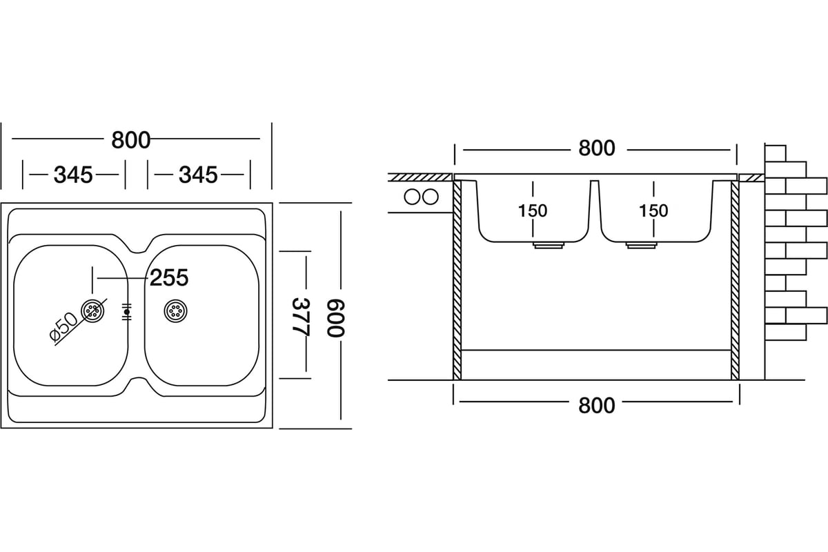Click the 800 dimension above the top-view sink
(x=130, y=140)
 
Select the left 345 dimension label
(x=73, y=175)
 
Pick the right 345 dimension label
(x=198, y=175)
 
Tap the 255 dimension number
(x=169, y=278)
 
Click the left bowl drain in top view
(x=92, y=311)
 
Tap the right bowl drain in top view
(x=175, y=311)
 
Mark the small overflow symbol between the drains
(x=126, y=312)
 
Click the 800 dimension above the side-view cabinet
(x=596, y=148)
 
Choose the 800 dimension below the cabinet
(x=596, y=405)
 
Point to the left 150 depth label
(x=533, y=210)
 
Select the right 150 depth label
(x=653, y=210)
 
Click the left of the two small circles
(x=413, y=197)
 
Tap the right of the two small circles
(x=430, y=197)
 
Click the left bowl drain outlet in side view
(x=547, y=245)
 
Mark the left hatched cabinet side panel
(x=457, y=279)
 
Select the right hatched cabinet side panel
(x=735, y=279)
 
